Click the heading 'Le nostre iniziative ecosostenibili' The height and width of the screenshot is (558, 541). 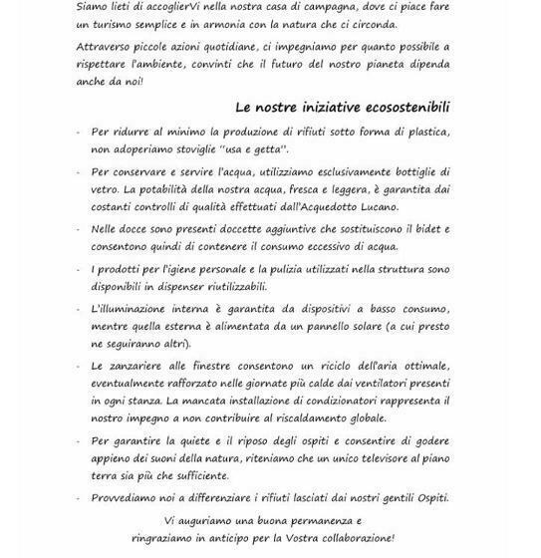(343, 107)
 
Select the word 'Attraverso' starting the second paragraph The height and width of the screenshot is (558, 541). (106, 47)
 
